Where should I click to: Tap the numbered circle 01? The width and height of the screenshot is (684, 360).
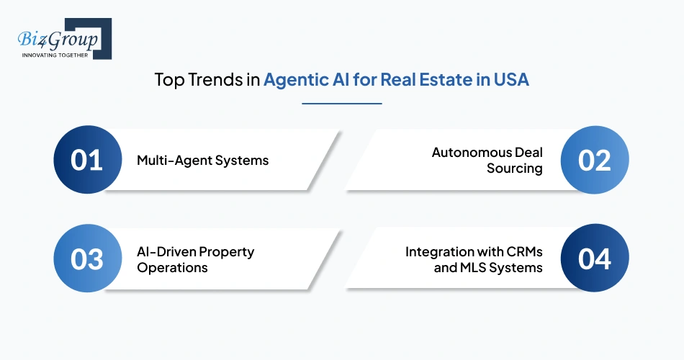pos(86,160)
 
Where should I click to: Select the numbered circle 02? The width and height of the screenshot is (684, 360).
pos(595,160)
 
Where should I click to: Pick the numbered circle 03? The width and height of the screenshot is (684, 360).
pos(86,259)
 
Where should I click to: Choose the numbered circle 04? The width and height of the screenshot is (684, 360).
pos(595,259)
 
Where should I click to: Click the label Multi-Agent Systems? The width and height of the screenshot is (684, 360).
pos(202,160)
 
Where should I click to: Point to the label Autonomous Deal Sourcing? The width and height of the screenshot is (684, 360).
pos(487,160)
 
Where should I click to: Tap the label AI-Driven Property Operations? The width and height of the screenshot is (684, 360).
pos(195,259)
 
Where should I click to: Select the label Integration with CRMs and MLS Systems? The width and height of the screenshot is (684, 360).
pos(474,259)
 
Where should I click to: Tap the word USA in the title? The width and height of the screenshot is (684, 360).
pos(510,79)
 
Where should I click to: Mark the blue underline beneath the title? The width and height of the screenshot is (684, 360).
pos(341,103)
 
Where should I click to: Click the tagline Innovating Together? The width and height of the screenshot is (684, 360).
pos(55,55)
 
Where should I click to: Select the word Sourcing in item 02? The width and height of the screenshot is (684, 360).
pos(514,168)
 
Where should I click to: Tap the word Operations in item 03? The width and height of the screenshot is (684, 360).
pos(172,268)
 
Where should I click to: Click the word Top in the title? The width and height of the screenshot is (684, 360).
pos(168,79)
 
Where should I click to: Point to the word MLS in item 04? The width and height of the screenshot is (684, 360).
pos(477,268)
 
